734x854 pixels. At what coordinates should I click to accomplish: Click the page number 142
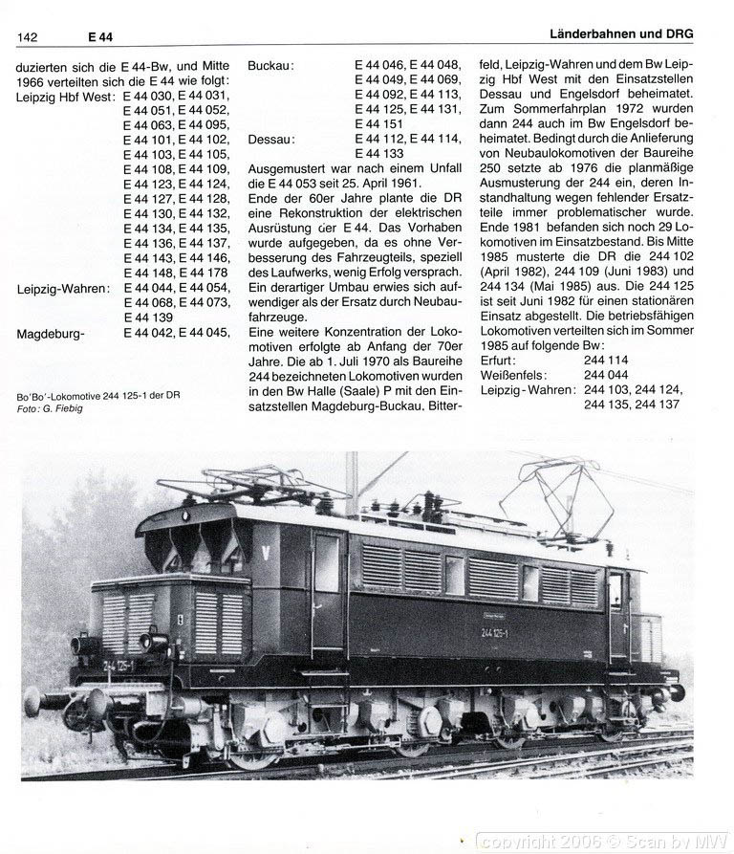(x=27, y=36)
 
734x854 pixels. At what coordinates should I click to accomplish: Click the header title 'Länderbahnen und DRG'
(x=622, y=33)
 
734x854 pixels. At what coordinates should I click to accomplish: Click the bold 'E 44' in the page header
(x=99, y=36)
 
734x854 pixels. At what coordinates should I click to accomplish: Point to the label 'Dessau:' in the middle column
(x=270, y=139)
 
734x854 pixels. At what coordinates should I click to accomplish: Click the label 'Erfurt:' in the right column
(x=499, y=361)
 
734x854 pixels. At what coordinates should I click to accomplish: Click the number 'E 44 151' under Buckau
(x=379, y=124)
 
